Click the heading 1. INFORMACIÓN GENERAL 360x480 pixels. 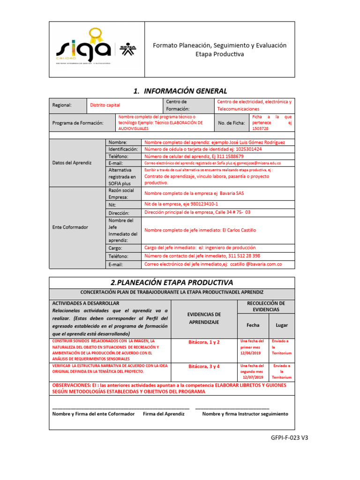[x=180, y=91]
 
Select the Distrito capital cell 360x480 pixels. [x=105, y=105]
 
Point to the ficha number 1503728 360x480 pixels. [x=261, y=128]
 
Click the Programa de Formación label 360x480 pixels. [x=77, y=123]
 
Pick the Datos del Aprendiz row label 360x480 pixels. [x=72, y=163]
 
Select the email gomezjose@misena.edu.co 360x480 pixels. [x=258, y=163]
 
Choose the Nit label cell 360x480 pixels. [x=112, y=205]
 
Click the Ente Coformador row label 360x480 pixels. [x=70, y=227]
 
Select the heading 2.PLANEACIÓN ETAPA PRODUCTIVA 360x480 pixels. [x=172, y=282]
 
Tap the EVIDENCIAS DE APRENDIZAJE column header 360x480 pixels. [x=204, y=318]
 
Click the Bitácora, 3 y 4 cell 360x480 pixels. [x=204, y=366]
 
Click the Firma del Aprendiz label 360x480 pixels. [x=164, y=414]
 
